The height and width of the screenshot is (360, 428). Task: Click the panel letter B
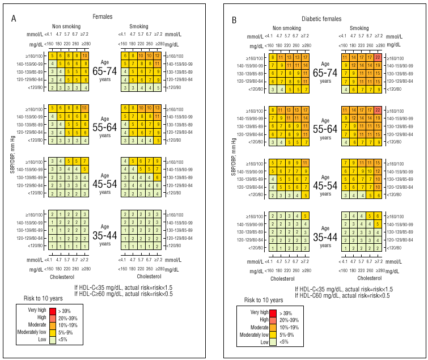click(234, 20)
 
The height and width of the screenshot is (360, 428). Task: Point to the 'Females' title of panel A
click(103, 17)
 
